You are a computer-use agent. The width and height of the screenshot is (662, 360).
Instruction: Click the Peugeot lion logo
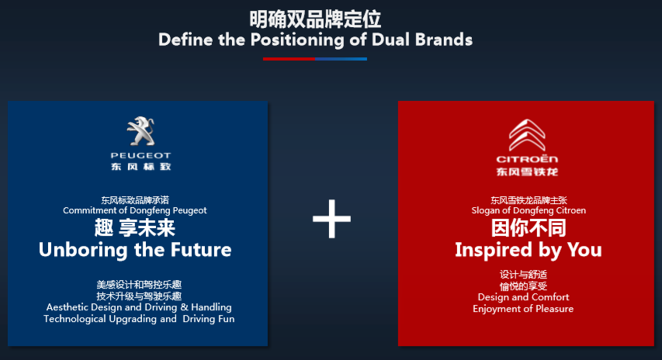pos(141,131)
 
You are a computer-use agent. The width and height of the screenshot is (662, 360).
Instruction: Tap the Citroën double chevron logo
pos(527,135)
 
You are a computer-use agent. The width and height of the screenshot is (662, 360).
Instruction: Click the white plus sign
pos(331,219)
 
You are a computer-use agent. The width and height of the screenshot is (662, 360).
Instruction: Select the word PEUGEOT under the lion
pos(140,155)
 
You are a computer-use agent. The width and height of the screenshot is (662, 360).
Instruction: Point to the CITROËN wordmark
pos(527,159)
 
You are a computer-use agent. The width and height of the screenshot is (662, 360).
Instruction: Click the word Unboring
pos(83,250)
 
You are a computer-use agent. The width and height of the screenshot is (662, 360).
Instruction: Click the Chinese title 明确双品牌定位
pos(315,19)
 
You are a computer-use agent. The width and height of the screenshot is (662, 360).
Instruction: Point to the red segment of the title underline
pos(289,59)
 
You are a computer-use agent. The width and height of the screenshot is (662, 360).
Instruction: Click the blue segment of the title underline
pos(341,59)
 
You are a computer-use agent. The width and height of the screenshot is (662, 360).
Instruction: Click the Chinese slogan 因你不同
pos(529,228)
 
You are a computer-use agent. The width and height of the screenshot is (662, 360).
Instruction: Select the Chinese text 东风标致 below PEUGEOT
pos(141,167)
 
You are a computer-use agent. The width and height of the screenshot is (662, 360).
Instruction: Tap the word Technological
pos(75,319)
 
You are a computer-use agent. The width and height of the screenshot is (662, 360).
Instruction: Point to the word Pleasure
pos(554,309)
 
